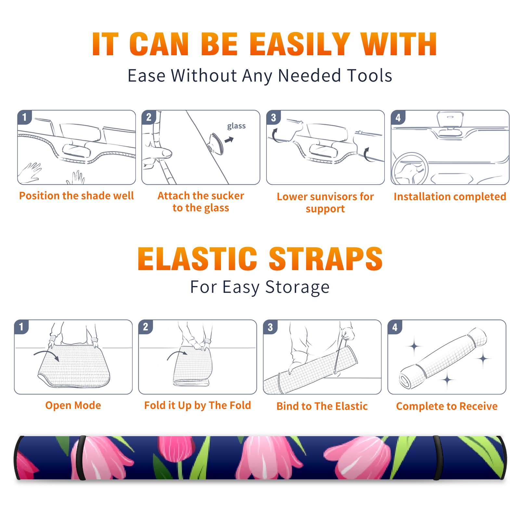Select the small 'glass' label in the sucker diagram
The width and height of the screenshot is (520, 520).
[x=236, y=126]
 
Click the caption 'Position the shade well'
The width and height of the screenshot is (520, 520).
[x=76, y=196]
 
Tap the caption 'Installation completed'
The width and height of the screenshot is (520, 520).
[x=450, y=197]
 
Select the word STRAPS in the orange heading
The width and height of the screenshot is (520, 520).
[x=326, y=259]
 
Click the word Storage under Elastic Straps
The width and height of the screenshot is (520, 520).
[x=297, y=287]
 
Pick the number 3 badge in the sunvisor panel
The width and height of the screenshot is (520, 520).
[x=273, y=117]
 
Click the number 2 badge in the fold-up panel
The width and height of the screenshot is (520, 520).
[x=146, y=327]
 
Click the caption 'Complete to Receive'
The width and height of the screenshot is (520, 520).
[x=447, y=406]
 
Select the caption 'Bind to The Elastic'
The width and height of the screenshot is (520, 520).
[x=322, y=406]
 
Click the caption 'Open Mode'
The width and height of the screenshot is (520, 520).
[x=73, y=405]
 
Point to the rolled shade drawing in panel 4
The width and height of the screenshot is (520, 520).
[x=443, y=358]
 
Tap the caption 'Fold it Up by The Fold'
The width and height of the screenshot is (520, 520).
[x=198, y=405]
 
